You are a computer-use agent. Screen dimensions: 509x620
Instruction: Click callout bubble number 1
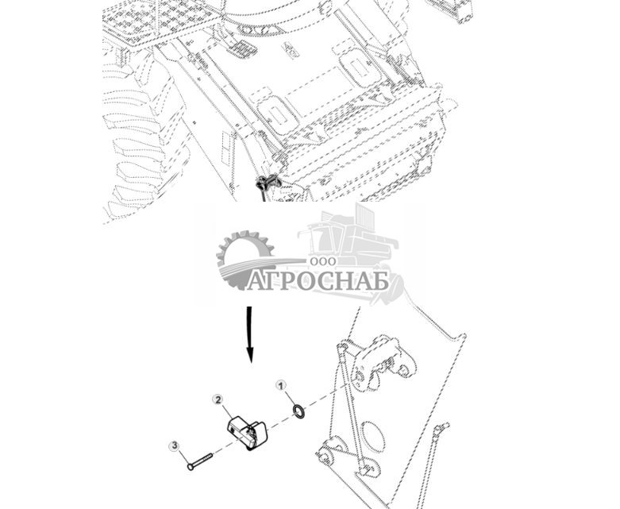point(280,385)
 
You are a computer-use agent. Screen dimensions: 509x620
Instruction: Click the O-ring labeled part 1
point(298,411)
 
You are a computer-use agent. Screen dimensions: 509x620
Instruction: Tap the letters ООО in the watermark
point(323,261)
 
